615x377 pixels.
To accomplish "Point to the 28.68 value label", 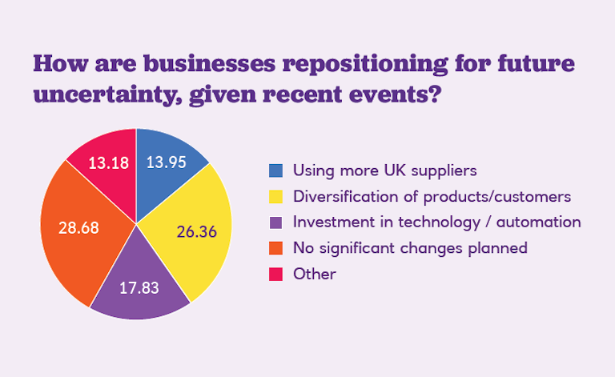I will (78, 227).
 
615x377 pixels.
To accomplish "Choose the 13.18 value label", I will (106, 163).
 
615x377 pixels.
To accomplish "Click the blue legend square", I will (275, 170).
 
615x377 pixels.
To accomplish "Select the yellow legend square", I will (275, 196).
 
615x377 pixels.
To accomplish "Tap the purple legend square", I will (275, 222).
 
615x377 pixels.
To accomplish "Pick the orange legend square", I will (275, 248).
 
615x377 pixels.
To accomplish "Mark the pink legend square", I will (275, 274).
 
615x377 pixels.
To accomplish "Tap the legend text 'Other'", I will (314, 274).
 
